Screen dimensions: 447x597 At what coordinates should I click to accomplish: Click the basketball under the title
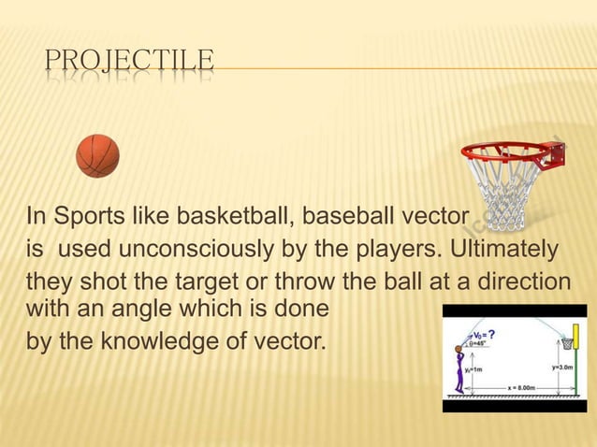[98, 156]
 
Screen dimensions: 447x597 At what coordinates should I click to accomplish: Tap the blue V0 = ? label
[485, 333]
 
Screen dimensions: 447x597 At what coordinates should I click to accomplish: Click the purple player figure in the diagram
[459, 368]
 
